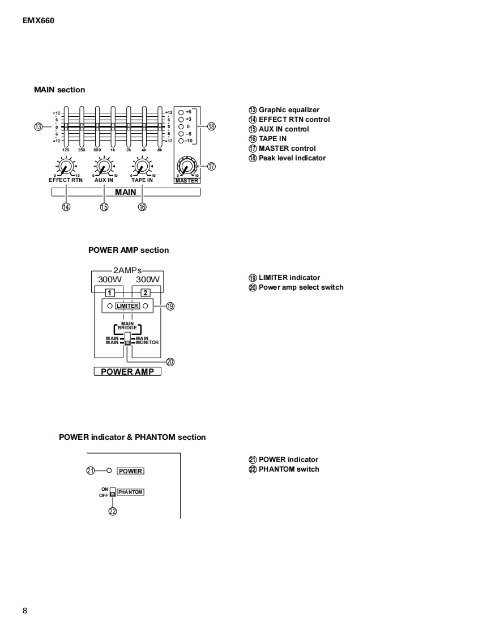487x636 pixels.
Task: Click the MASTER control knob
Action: [186, 167]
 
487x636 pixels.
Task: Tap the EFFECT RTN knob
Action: [65, 167]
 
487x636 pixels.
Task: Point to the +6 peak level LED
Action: [181, 112]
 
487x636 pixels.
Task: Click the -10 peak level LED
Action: [181, 141]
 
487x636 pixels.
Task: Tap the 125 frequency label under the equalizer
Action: [66, 150]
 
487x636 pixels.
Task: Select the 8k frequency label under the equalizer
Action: [160, 150]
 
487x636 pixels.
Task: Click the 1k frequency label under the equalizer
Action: [113, 150]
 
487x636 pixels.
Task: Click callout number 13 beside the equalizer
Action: [39, 126]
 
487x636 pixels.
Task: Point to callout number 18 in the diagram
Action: [211, 126]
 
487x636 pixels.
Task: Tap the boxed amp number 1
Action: [110, 292]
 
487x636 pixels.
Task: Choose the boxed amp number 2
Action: [146, 292]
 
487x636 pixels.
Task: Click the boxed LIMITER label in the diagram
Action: [127, 306]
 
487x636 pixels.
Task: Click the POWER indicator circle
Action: [109, 470]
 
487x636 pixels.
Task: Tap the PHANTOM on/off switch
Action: [113, 492]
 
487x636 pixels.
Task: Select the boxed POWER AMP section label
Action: [127, 372]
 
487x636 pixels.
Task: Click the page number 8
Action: [25, 610]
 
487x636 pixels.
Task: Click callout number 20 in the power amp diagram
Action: [170, 362]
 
